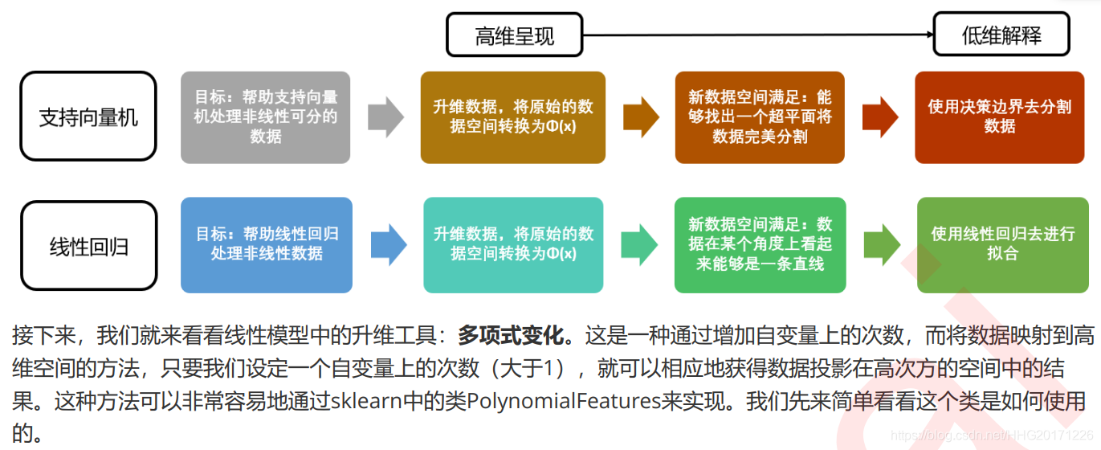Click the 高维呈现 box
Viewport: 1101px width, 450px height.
coord(514,35)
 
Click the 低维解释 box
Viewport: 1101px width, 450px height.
coord(1001,35)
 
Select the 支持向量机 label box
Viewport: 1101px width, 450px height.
coord(88,117)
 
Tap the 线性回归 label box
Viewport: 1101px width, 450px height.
coord(88,246)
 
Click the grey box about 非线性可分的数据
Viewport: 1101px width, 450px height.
coord(265,117)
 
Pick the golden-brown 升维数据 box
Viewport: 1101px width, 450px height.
coord(513,117)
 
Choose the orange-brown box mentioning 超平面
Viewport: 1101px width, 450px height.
coord(760,117)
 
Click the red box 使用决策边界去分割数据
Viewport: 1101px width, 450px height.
coord(999,117)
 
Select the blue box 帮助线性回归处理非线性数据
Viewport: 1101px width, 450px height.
coord(267,244)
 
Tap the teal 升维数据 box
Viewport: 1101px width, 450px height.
coord(513,244)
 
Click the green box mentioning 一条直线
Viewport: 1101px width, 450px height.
coord(760,244)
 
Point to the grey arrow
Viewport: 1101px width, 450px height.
coord(385,117)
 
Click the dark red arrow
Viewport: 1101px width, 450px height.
coord(880,117)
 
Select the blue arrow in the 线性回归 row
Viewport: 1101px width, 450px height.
coord(389,244)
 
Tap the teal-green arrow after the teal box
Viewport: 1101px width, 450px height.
coord(640,244)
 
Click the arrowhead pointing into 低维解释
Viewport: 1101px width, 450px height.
coord(928,35)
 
